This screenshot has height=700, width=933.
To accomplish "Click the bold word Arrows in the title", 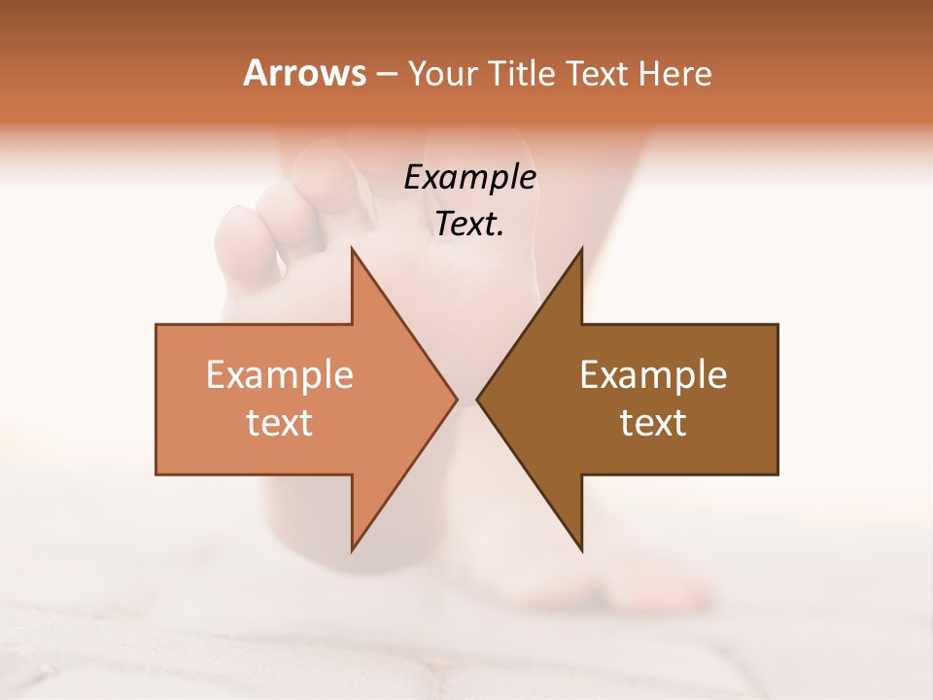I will point(304,73).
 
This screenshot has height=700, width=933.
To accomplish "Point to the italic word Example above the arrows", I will point(469,178).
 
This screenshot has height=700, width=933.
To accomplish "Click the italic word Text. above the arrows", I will point(469,225).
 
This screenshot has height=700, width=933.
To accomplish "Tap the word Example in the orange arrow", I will point(279,375).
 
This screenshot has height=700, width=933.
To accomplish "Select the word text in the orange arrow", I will point(279,423).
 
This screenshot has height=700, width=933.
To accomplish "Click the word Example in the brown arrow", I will point(653,375).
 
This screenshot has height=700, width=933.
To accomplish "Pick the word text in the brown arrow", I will point(653,423).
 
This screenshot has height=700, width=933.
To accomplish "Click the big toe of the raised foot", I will point(335,180).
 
